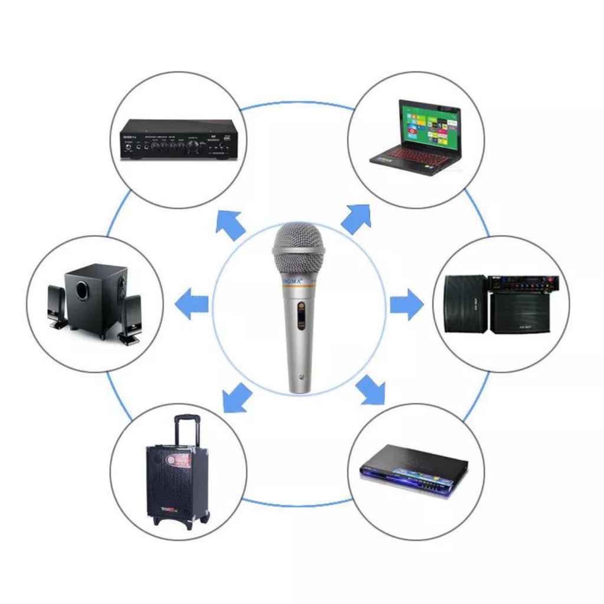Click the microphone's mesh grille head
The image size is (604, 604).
[298, 242]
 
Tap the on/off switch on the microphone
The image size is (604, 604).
[301, 313]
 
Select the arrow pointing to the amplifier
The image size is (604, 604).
[231, 225]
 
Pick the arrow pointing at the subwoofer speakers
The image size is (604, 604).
[193, 304]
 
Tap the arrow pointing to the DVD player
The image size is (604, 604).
[370, 390]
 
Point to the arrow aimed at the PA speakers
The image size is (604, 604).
[406, 304]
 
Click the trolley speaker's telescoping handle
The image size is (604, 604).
[186, 429]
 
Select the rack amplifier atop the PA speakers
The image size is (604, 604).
[523, 284]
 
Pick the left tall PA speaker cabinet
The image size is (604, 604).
[466, 303]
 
